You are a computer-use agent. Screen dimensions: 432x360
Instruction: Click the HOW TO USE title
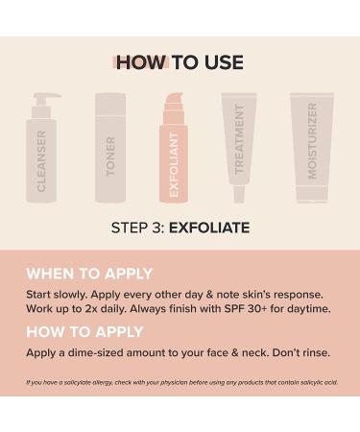pyautogui.click(x=180, y=63)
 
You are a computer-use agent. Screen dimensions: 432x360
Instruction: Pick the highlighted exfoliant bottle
pyautogui.click(x=173, y=154)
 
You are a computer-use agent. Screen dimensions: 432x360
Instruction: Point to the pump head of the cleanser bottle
pyautogui.click(x=45, y=99)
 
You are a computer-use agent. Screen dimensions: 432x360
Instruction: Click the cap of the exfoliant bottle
pyautogui.click(x=173, y=104)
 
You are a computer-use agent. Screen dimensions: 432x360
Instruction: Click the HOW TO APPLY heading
pyautogui.click(x=84, y=331)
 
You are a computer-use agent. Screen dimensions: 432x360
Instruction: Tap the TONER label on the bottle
pyautogui.click(x=110, y=156)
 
